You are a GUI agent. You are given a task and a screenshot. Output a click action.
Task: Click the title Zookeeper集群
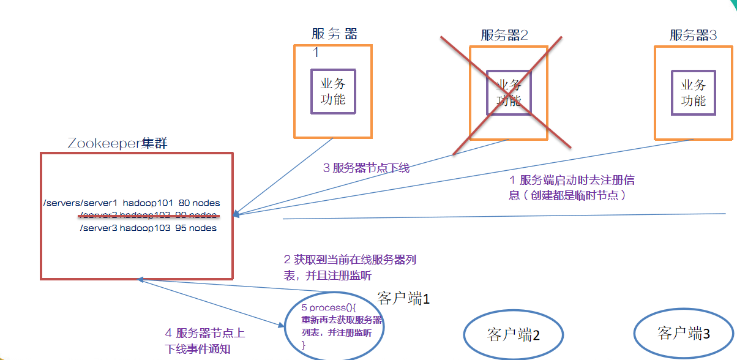point(118,144)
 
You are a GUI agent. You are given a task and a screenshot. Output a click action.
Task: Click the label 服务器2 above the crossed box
point(504,35)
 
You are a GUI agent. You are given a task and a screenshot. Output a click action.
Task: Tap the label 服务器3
point(693,35)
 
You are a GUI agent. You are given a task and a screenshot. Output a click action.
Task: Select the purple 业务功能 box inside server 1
point(333,91)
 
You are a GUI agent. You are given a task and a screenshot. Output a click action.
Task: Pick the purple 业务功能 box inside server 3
point(694,92)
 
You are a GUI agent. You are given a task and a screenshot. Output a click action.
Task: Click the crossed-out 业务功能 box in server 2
point(509,92)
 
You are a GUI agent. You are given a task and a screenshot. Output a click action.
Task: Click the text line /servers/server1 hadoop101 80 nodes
point(132,203)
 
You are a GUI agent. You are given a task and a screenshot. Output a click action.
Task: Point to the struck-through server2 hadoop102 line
point(148,215)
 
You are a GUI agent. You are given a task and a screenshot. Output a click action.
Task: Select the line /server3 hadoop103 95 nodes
point(148,228)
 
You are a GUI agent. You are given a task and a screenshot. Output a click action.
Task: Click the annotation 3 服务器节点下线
point(366,168)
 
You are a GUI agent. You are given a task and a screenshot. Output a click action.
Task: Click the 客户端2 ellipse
point(513,334)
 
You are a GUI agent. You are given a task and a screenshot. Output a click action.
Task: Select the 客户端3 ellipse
point(684,333)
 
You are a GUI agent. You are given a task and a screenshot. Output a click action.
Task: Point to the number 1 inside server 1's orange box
point(316,53)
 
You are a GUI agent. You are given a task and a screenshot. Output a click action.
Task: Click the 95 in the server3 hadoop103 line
point(183,228)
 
